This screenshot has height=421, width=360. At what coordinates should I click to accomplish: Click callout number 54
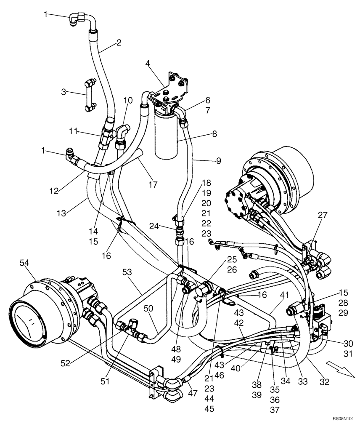pyautogui.click(x=24, y=262)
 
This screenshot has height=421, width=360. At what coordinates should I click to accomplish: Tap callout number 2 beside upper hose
pyautogui.click(x=119, y=42)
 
